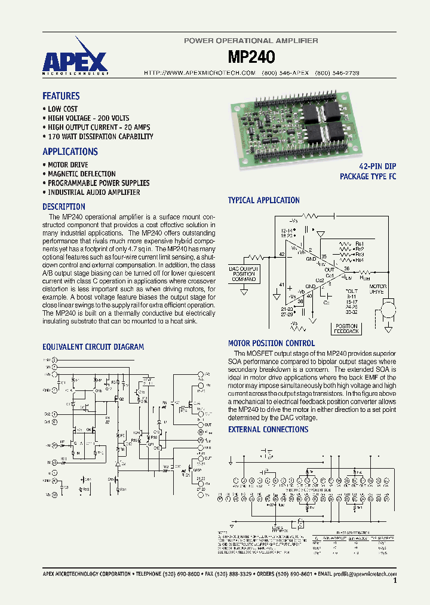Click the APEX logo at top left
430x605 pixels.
pos(75,62)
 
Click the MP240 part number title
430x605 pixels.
pos(251,57)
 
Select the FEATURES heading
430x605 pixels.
pos(61,96)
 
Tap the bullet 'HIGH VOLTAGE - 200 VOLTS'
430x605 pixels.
pos(88,118)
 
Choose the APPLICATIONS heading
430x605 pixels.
pos(70,152)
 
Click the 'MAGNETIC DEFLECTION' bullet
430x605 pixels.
pos(82,174)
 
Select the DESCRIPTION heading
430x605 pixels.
pos(64,207)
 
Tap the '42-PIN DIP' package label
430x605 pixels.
pos(377,166)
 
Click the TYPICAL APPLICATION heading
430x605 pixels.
pos(264,200)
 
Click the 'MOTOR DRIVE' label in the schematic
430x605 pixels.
pos(377,290)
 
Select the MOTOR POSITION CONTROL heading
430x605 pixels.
pos(271,343)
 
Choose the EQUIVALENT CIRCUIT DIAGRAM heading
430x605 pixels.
pos(93,347)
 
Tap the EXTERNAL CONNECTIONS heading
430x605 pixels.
pos(268,429)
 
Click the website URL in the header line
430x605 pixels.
pos(200,72)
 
